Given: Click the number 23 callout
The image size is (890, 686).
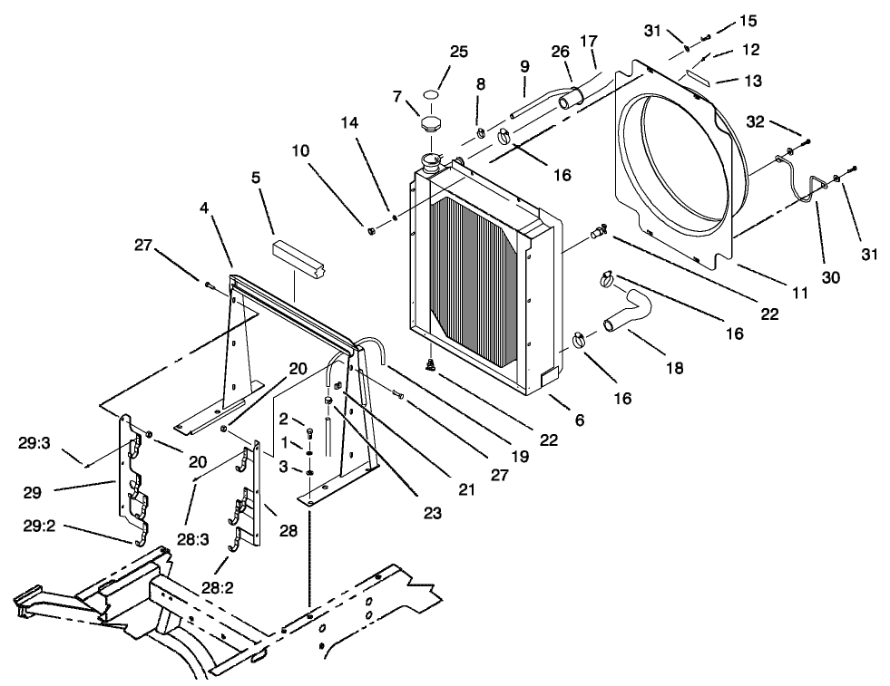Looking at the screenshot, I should pos(432,513).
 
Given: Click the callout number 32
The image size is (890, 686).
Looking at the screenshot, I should pos(757,121).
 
